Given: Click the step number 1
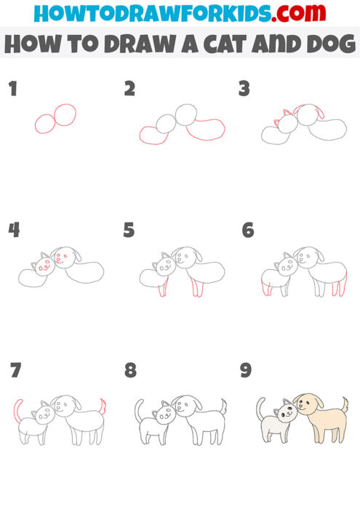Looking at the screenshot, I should (x=12, y=89).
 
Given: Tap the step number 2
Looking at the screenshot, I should (x=129, y=89).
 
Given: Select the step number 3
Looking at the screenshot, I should (x=245, y=89).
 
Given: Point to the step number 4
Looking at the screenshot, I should (x=13, y=231).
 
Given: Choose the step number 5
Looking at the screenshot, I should (x=129, y=231).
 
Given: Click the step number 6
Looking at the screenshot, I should (x=247, y=231).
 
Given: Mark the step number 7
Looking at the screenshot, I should (x=15, y=371).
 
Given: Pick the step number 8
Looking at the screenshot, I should (x=130, y=371).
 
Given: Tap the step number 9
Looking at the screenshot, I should (x=246, y=371).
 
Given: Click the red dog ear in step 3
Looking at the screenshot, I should (x=317, y=113).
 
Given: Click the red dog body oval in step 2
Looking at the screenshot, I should (x=205, y=129).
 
